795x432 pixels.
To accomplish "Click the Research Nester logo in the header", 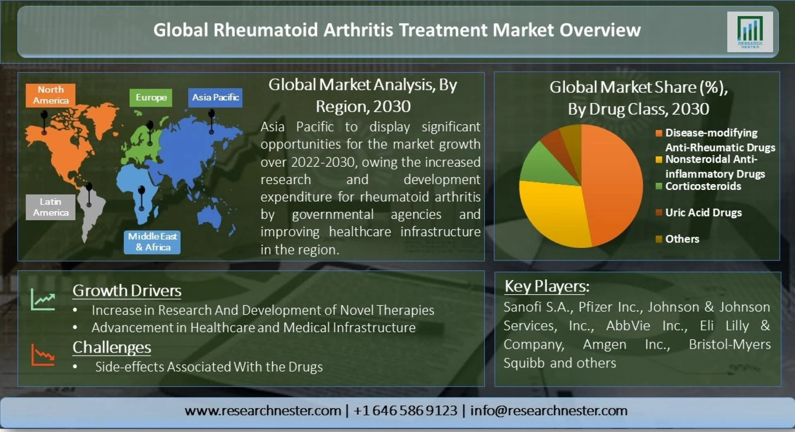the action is point(750,32).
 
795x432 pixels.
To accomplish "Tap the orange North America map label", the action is point(51,95).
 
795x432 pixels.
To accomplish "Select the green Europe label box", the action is point(151,98).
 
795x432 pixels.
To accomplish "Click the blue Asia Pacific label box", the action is point(215,98).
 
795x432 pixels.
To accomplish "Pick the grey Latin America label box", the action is point(51,207).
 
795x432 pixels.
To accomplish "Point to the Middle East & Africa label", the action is point(152,242).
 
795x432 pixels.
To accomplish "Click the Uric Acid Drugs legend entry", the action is point(699,213).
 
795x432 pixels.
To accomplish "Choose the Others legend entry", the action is point(677,239).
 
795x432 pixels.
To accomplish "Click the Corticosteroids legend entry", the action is point(699,186).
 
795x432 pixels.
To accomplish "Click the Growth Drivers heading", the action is point(127,290).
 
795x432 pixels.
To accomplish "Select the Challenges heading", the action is point(112,348).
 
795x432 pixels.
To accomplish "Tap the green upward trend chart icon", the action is point(43,299).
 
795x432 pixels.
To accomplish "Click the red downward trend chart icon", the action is point(43,355).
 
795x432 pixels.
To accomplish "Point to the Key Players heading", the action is point(547,286).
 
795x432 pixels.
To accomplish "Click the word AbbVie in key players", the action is point(628,326).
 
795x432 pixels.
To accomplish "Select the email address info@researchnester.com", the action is point(549,410).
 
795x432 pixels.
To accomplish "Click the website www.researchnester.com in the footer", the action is point(263,410).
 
